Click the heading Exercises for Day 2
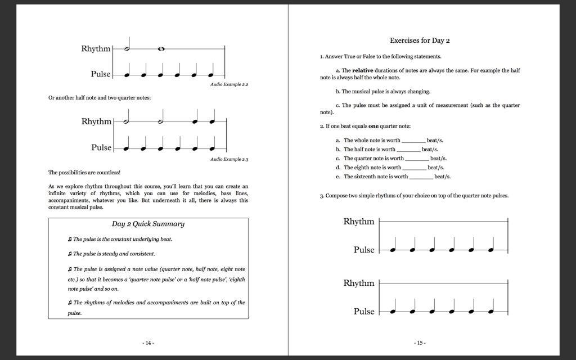[x=420, y=40]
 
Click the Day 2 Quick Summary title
[x=148, y=224]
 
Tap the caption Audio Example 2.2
[x=229, y=84]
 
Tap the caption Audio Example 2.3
[x=229, y=160]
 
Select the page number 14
[x=148, y=343]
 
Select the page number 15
[x=420, y=343]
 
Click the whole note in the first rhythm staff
[x=161, y=49]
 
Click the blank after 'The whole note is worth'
[x=413, y=141]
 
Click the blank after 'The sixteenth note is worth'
[x=421, y=177]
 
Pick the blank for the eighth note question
[x=415, y=168]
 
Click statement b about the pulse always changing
[x=382, y=91]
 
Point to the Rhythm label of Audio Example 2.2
[x=96, y=49]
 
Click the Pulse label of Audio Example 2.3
[x=101, y=147]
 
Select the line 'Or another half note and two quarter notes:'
[x=100, y=97]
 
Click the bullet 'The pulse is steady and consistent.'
[x=110, y=254]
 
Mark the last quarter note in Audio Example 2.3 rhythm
[x=212, y=121]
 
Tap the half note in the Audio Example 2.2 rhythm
[x=128, y=49]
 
